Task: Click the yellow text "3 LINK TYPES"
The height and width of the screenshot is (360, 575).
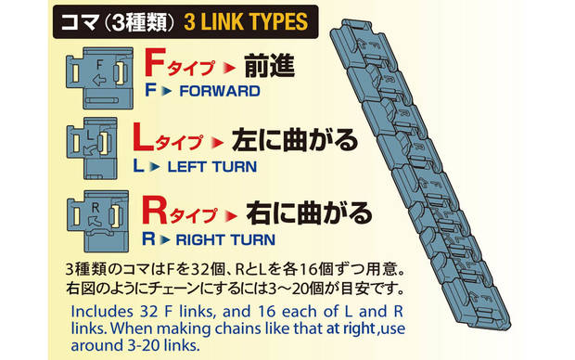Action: pos(246,22)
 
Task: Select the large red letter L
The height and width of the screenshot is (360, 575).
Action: pos(143,137)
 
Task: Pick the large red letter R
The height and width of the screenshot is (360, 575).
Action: pos(154,211)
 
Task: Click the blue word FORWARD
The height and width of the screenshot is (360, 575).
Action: pos(220,91)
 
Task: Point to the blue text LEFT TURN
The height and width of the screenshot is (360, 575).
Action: pos(212,167)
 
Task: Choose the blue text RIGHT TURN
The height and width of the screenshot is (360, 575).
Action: pos(225,240)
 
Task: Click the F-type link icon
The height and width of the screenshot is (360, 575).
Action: pos(99,78)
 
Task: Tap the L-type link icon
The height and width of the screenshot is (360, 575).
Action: pos(92,148)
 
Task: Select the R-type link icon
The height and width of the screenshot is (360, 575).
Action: pos(98,221)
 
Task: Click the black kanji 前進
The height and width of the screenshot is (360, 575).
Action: pos(270,65)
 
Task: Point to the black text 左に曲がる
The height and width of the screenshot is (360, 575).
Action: pos(295,139)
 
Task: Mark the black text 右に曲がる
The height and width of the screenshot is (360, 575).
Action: pos(309,212)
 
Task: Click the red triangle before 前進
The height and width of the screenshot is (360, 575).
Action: pos(229,68)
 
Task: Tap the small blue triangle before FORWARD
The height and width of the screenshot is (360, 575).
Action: pos(167,91)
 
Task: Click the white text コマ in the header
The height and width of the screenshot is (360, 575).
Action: pos(79,22)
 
